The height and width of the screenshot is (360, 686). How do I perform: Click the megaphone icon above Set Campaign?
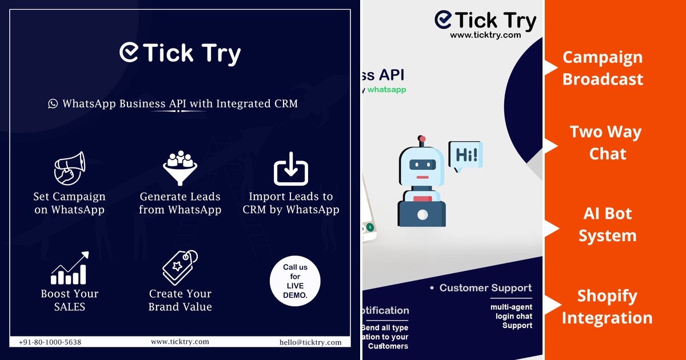[x=69, y=168]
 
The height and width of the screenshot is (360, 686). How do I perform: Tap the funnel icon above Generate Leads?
[x=180, y=167]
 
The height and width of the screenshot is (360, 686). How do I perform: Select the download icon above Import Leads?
[x=290, y=169]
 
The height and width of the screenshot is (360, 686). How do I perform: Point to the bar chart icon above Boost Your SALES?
[x=69, y=268]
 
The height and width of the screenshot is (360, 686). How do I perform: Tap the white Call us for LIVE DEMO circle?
[x=295, y=281]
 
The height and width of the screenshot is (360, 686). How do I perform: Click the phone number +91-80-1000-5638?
[x=50, y=342]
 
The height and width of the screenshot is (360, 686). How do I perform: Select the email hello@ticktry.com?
[x=310, y=342]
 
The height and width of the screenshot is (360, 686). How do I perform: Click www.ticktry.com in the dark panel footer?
[x=180, y=342]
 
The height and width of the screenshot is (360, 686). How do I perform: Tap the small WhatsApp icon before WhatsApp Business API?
[x=53, y=104]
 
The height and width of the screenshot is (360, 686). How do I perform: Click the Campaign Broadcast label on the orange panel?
[x=603, y=68]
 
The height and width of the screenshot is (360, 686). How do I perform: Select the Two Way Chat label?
[x=606, y=143]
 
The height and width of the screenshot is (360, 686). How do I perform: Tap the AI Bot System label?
[x=608, y=225]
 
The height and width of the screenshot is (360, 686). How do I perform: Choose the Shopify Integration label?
[x=607, y=307]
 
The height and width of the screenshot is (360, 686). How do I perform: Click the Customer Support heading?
[x=485, y=288]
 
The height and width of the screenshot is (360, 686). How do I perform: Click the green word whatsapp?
[x=387, y=90]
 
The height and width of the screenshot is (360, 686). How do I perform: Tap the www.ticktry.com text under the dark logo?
[x=485, y=35]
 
